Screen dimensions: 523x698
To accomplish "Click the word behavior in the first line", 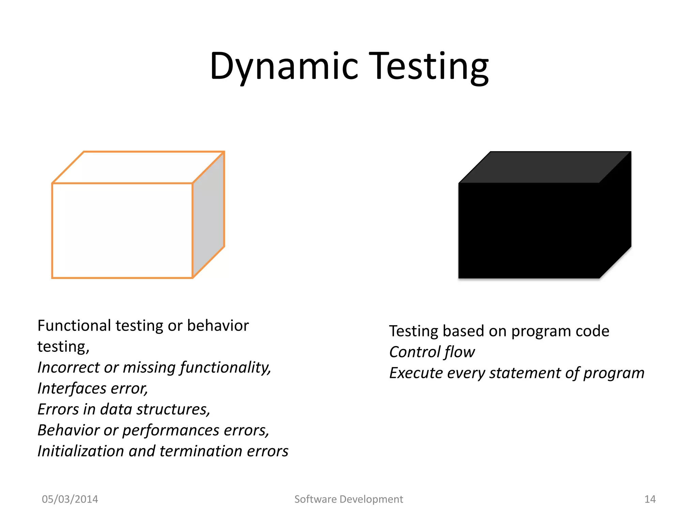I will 218,326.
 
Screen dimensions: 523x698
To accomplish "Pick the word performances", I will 170,431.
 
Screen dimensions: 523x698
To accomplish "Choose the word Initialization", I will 80,451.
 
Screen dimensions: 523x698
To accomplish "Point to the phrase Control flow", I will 432,352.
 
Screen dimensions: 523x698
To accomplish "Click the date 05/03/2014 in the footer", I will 70,499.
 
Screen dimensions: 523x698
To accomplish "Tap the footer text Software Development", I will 349,499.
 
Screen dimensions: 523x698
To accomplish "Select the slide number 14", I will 650,499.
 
